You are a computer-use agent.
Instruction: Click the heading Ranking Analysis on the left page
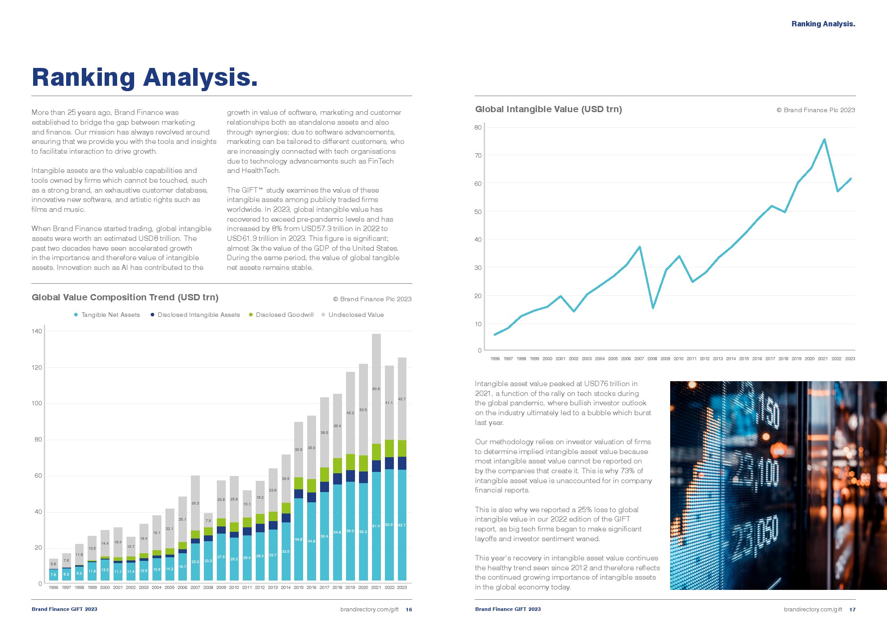tap(144, 77)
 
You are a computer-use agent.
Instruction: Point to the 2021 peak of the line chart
tap(824, 139)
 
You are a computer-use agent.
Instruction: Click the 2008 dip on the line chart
tap(653, 307)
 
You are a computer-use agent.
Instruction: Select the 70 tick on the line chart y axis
tap(478, 156)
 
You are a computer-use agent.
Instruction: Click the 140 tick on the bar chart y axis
tap(37, 331)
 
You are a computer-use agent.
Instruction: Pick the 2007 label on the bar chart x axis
tap(195, 588)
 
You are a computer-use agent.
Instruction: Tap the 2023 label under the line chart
tap(850, 359)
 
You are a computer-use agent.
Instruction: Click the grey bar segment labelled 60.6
tap(376, 389)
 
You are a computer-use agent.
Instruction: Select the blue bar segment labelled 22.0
tap(195, 562)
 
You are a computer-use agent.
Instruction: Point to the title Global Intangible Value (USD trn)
tap(548, 109)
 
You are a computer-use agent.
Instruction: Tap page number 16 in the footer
tap(409, 610)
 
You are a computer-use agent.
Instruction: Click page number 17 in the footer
tap(852, 610)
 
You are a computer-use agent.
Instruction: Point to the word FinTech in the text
tap(380, 161)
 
